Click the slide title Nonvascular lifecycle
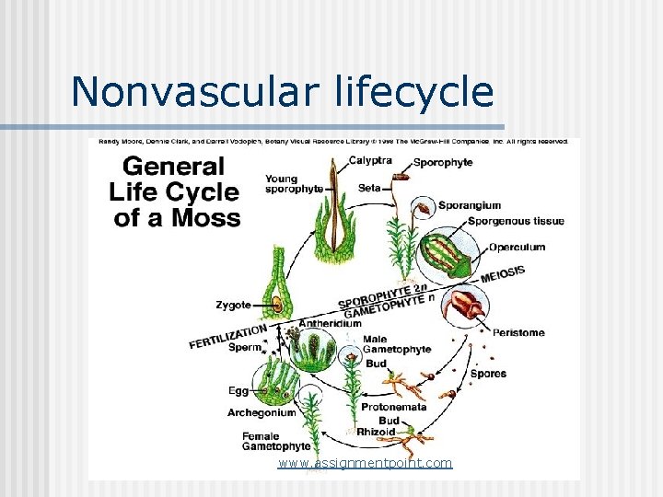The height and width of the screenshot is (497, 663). [x=282, y=91]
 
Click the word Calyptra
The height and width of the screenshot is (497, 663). [x=370, y=160]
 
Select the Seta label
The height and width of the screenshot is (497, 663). [x=368, y=188]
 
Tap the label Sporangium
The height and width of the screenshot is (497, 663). [x=470, y=205]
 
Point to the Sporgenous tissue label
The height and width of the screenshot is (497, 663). [x=516, y=221]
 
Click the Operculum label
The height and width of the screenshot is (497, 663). [x=517, y=247]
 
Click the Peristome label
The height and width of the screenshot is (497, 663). [x=518, y=332]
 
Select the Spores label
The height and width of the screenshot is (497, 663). [x=488, y=374]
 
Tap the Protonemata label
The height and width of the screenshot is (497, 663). [x=393, y=407]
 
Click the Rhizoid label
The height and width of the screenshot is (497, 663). [x=376, y=432]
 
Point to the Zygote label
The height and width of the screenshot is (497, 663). [x=234, y=304]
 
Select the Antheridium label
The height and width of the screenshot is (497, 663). [x=329, y=324]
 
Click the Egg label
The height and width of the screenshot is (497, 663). [x=238, y=391]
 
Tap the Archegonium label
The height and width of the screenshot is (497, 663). [x=262, y=412]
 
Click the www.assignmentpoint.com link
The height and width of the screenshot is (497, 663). [x=365, y=463]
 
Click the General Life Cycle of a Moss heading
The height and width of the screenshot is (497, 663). [x=175, y=192]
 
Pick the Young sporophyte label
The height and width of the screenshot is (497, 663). [x=293, y=183]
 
